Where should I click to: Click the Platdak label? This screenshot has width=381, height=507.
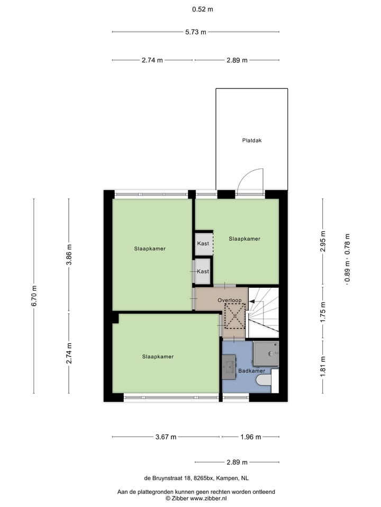252,140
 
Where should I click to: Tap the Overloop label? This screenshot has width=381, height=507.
229,301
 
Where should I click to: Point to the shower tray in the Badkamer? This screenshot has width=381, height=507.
266,353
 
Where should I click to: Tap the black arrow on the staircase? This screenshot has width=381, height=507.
252,302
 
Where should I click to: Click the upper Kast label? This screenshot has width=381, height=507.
203,243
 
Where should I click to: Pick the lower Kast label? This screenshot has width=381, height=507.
203,271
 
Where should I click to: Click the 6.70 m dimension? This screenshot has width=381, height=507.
34,296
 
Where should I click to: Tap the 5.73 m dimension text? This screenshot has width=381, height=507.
195,32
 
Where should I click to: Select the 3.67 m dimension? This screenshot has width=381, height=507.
166,437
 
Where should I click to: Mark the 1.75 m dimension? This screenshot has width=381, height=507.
323,312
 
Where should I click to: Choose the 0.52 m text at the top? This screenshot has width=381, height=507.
202,9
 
